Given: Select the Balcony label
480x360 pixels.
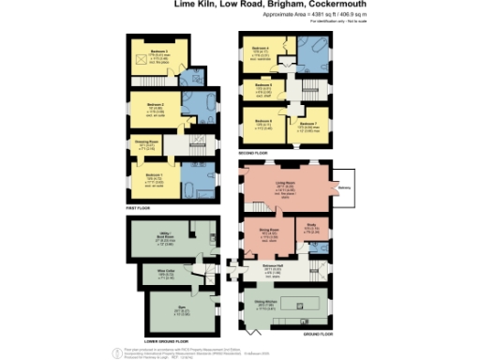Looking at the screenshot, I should click(345, 187).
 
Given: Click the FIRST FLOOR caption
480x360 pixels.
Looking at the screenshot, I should click(139, 209).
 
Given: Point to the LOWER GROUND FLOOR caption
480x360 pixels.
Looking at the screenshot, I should click(157, 335).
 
